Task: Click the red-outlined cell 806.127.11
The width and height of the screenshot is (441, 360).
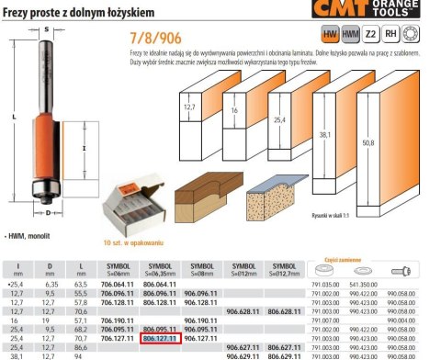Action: coord(160,338)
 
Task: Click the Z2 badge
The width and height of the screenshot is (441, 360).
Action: coord(371,34)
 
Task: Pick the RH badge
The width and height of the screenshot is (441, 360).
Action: coord(390,34)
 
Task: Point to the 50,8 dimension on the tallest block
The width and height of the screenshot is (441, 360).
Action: coord(394,143)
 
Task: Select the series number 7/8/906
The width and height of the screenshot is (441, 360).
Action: coord(147,39)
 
